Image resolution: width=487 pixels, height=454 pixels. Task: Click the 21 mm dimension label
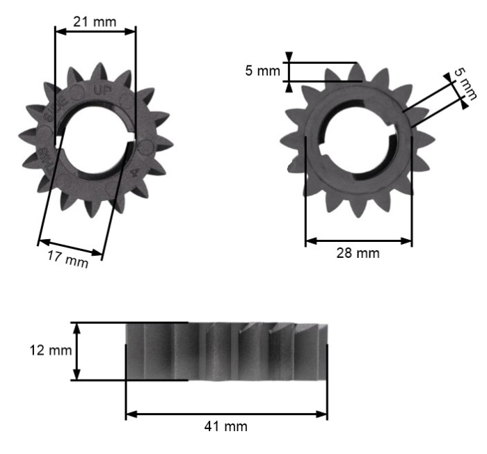tap(96, 22)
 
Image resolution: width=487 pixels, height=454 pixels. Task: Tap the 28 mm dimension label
tap(358, 254)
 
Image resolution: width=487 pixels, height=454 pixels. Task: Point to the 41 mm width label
tap(225, 425)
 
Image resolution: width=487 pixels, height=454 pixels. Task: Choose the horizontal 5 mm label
tap(263, 71)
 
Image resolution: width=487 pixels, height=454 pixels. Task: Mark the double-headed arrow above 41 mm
tap(226, 414)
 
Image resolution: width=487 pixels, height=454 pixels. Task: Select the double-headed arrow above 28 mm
tap(358, 241)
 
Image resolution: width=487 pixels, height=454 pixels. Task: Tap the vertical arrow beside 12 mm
tap(77, 350)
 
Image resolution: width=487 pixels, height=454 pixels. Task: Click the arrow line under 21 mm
tap(95, 31)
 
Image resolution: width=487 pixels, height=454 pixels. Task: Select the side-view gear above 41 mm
tap(226, 352)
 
